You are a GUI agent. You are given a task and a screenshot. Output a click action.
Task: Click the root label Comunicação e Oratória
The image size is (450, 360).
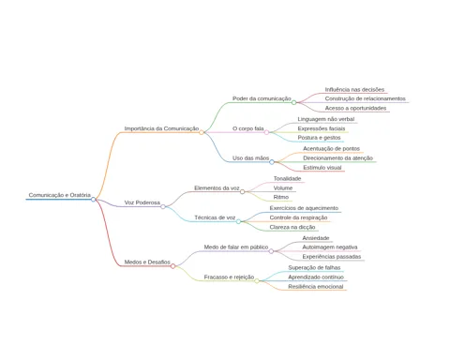pyautogui.click(x=60, y=195)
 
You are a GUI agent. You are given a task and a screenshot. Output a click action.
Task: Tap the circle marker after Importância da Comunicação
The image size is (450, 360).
pyautogui.click(x=202, y=132)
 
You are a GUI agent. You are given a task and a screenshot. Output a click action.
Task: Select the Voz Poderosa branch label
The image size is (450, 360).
pyautogui.click(x=142, y=202)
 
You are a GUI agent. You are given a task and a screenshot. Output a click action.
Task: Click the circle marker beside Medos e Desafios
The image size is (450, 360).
pyautogui.click(x=173, y=266)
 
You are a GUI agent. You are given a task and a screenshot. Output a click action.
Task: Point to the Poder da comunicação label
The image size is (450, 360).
pyautogui.click(x=262, y=98)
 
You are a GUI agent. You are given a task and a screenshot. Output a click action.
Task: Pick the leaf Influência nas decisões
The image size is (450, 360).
pyautogui.click(x=354, y=89)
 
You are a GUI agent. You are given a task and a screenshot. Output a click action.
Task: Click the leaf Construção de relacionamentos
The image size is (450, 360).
pyautogui.click(x=366, y=98)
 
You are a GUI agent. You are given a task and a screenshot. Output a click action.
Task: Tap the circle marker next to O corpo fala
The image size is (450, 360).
pyautogui.click(x=266, y=132)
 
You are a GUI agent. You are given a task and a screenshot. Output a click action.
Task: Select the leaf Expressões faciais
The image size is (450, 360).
pyautogui.click(x=322, y=128)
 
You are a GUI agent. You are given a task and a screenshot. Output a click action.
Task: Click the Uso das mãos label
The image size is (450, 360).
pyautogui.click(x=250, y=158)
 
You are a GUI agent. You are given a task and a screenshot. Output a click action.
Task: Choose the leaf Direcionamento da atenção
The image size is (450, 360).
pyautogui.click(x=337, y=158)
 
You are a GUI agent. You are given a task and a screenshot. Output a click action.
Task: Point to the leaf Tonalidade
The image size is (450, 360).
pyautogui.click(x=288, y=178)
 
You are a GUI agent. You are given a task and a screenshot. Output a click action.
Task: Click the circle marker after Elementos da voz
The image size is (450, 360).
pyautogui.click(x=243, y=191)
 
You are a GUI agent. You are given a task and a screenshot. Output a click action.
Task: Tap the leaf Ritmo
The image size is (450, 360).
pyautogui.click(x=281, y=197)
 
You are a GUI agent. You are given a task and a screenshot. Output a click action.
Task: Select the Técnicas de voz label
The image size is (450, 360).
pyautogui.click(x=215, y=217)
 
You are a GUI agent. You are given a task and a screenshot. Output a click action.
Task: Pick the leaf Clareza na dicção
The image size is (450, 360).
pyautogui.click(x=292, y=227)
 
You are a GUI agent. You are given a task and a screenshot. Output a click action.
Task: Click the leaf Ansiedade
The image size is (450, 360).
pyautogui.click(x=316, y=238)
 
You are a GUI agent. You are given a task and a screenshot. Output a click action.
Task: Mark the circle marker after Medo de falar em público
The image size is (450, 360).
pyautogui.click(x=271, y=251)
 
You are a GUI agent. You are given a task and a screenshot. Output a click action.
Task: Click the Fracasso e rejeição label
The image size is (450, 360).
pyautogui.click(x=229, y=277)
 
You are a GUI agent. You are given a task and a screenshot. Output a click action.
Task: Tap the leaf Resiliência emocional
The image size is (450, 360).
pyautogui.click(x=316, y=287)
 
